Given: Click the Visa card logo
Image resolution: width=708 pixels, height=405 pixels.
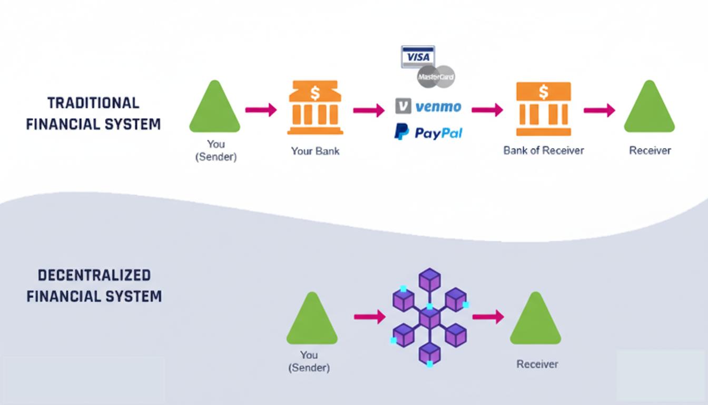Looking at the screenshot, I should (418, 56).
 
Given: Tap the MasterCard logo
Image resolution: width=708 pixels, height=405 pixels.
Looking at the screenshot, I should (436, 77).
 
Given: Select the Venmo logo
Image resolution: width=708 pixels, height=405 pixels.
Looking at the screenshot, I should (428, 107).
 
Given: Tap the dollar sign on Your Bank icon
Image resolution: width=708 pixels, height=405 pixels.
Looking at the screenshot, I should (315, 93).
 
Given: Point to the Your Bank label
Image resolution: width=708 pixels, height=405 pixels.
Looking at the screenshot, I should (315, 151).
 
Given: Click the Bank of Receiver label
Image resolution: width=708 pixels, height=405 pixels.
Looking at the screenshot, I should (543, 150).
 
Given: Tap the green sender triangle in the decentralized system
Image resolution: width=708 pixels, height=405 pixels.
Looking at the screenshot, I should (312, 321).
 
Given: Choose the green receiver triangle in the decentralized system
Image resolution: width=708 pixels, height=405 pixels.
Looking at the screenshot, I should (535, 321).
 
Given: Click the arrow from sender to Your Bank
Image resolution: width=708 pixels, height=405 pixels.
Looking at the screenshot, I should (261, 110).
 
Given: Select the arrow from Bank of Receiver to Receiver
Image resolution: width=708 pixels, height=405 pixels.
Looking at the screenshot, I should (599, 110).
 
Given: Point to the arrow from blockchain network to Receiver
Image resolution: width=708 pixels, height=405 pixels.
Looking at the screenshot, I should (488, 316).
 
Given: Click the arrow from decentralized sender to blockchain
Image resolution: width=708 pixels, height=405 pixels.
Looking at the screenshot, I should (370, 316).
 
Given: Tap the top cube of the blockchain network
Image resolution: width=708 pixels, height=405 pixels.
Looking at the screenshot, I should (429, 279).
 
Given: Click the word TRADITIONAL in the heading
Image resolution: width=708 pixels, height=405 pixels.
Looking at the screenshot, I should (93, 103).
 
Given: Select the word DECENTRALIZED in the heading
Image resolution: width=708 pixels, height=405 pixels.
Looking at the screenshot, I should (94, 275).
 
